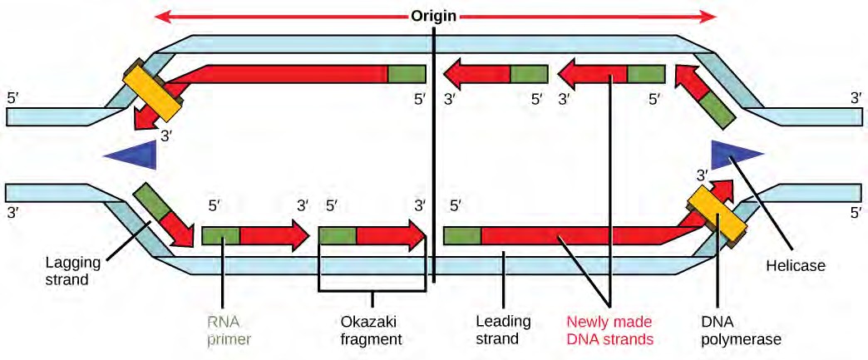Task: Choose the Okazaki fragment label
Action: [372, 330]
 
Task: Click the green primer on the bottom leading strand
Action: [462, 235]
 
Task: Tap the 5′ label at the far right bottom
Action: [856, 212]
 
